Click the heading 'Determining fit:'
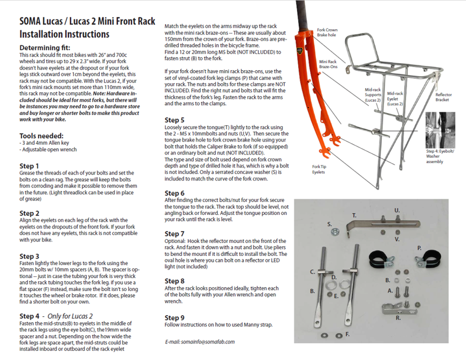43,47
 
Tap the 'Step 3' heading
29,256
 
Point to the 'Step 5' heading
174,119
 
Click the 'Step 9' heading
174,317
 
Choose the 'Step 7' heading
174,234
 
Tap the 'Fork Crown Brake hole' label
328,32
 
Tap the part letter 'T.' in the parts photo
354,215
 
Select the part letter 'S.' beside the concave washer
330,223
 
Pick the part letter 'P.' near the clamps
419,248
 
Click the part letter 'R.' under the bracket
398,318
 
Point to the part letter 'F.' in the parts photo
347,335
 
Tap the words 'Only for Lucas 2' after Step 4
70,316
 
